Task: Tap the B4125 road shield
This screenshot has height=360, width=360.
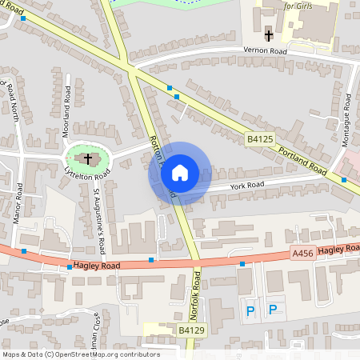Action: coord(260,139)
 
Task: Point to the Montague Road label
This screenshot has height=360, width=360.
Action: coord(348,120)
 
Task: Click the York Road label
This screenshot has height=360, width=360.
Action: coord(246,185)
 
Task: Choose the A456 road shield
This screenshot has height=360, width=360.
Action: coord(302,254)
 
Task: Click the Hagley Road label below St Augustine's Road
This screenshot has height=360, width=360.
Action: coord(96,264)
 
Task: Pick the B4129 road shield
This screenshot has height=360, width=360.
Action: coord(192,330)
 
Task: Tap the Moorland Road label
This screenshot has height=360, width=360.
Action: coord(67,116)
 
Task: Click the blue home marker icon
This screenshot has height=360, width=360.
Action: coord(180,173)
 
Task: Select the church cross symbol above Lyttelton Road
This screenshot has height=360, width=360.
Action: coord(87,158)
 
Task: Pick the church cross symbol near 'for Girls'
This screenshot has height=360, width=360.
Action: coord(268,34)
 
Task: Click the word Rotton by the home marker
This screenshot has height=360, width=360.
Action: coord(155,147)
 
